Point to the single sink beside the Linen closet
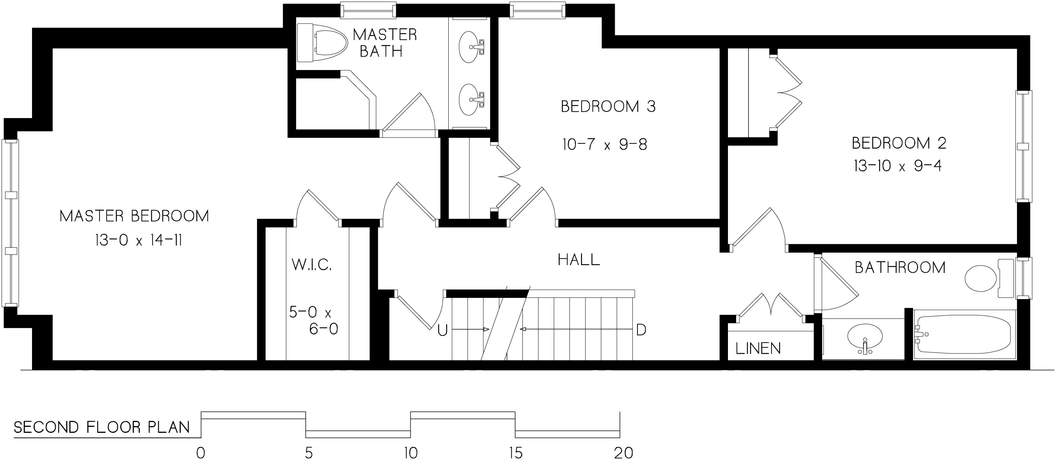click(x=865, y=338)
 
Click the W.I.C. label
click(x=312, y=265)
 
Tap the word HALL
click(x=579, y=260)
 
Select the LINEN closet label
click(x=758, y=349)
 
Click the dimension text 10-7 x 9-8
click(x=605, y=145)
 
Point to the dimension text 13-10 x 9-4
click(x=898, y=166)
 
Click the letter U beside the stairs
click(x=442, y=330)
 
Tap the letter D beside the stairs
click(x=641, y=330)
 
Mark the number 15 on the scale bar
click(x=516, y=453)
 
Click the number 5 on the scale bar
click(x=308, y=453)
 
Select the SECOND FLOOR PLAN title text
click(x=102, y=428)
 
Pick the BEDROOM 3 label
click(x=608, y=107)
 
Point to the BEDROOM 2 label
click(x=899, y=143)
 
